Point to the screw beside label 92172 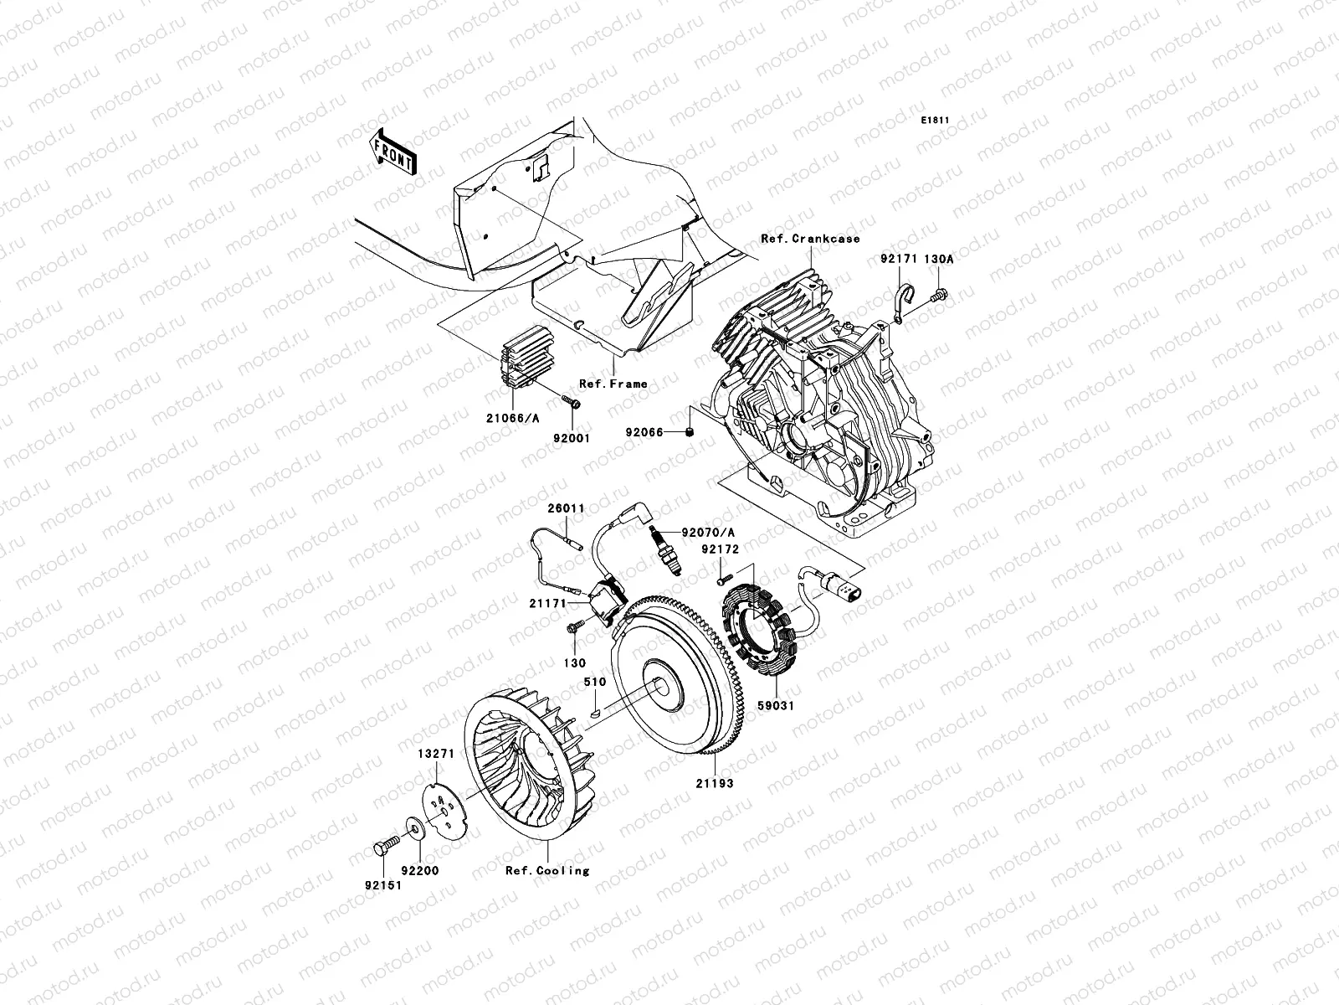[723, 577]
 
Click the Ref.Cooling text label [546, 870]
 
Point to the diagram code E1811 [935, 121]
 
